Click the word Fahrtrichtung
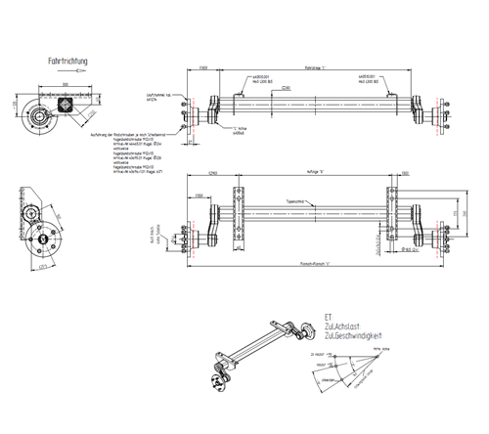(68, 62)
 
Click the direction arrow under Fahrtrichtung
(68, 71)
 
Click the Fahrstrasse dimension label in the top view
(314, 68)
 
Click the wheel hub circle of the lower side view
(43, 238)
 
